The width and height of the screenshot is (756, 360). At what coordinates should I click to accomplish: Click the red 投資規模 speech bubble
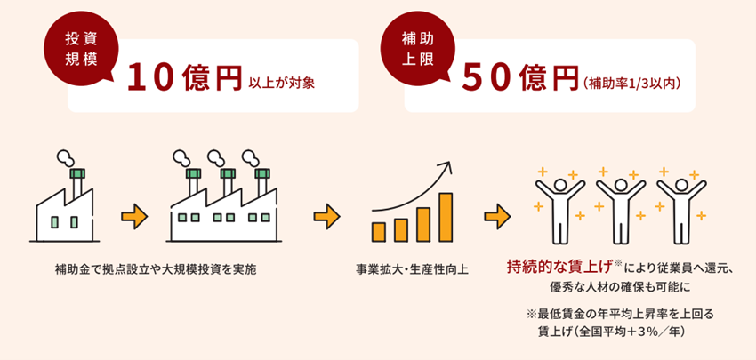(x=79, y=51)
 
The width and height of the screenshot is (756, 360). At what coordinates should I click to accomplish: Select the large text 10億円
(x=184, y=78)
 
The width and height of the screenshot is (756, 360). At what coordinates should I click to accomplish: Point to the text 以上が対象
(x=282, y=83)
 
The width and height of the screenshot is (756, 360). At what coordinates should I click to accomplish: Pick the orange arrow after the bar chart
(x=496, y=216)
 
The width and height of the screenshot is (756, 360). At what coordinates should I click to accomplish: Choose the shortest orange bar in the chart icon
(x=379, y=232)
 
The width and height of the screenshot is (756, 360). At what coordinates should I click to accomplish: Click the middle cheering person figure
(x=620, y=209)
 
